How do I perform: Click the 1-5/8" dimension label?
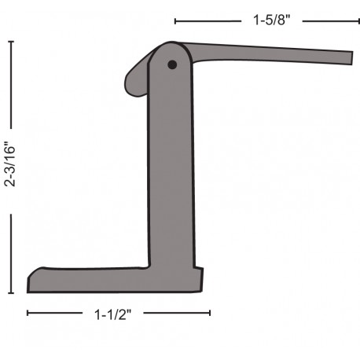272,20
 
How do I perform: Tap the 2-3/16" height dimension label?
10,164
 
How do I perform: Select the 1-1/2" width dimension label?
112,314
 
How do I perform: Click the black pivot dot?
172,64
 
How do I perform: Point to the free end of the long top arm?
352,58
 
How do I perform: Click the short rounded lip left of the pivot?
136,80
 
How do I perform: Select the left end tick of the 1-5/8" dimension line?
175,21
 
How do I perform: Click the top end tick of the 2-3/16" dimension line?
11,42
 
